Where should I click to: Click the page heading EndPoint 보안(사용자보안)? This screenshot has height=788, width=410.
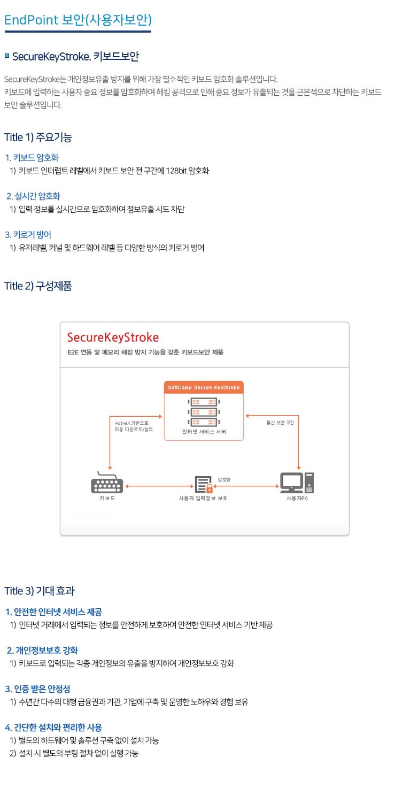[x=78, y=20]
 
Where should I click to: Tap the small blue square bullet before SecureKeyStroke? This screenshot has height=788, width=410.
[x=7, y=56]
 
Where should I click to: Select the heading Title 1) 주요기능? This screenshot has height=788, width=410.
[x=38, y=137]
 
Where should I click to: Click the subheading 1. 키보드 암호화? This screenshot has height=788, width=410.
[x=32, y=158]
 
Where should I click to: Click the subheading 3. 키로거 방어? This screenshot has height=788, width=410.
[x=28, y=235]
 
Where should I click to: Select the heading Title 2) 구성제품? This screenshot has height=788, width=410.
[x=38, y=286]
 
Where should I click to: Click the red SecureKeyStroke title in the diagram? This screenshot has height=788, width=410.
[x=113, y=338]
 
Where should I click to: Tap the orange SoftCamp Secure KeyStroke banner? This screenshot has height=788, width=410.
[x=204, y=387]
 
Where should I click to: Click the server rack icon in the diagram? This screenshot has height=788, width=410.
[x=204, y=409]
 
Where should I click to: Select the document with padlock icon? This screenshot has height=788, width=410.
[x=204, y=484]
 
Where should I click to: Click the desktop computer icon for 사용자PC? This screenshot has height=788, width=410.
[x=297, y=483]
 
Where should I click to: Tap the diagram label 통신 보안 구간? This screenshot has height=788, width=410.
[x=280, y=422]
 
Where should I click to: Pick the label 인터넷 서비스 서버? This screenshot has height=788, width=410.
[x=204, y=431]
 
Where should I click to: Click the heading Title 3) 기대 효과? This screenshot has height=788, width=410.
[x=40, y=591]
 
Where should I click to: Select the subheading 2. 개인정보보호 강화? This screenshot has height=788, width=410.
[x=42, y=651]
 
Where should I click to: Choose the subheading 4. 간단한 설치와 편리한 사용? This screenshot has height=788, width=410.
[x=53, y=728]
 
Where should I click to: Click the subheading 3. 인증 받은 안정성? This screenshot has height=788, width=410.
[x=37, y=688]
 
